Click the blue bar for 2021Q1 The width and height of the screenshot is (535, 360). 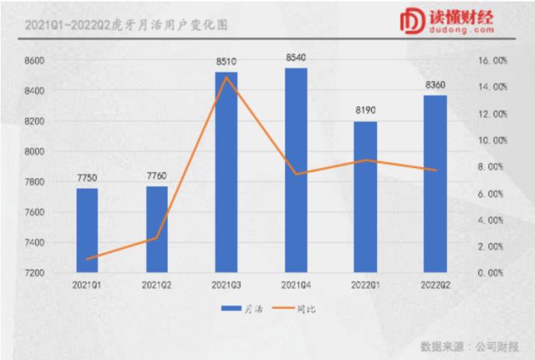87,230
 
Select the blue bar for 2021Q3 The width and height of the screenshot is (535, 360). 226,172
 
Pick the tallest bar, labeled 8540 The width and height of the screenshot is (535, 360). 295,170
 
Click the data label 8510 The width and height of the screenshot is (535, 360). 226,62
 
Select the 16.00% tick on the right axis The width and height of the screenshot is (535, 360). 492,60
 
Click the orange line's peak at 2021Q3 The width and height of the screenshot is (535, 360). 226,77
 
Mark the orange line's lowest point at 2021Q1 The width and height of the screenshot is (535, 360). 87,259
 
